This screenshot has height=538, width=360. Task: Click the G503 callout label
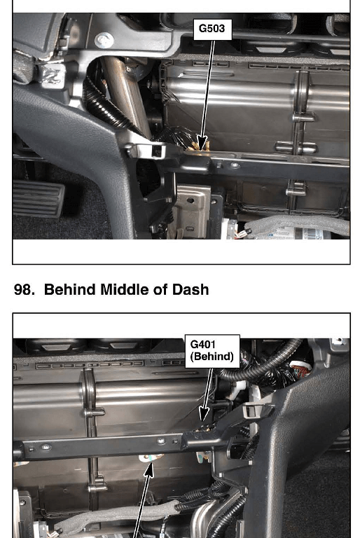click(212, 29)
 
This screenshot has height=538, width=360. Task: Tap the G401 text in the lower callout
click(203, 344)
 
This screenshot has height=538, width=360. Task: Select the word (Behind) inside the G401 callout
click(212, 357)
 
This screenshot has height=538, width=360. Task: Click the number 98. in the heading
click(24, 289)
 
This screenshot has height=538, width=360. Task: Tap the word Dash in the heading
click(191, 289)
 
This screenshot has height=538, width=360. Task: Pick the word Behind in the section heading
click(70, 289)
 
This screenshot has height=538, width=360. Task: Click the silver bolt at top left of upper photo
click(104, 41)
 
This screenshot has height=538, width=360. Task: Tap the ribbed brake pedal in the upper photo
click(38, 198)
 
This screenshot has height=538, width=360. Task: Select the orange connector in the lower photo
click(302, 369)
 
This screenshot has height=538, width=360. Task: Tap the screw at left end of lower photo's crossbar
click(46, 447)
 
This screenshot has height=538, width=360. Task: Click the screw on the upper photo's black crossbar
click(235, 165)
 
